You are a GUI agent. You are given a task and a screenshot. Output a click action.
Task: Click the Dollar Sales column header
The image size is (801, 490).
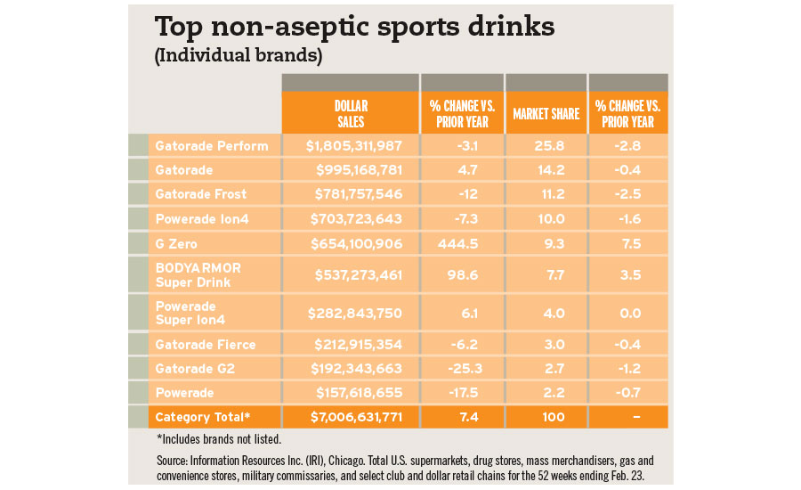350,114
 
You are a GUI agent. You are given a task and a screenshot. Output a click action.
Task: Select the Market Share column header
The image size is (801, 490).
546,114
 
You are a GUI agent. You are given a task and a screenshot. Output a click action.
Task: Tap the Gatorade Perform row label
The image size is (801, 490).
211,146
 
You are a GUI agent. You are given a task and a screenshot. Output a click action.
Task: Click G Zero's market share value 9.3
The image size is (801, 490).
545,242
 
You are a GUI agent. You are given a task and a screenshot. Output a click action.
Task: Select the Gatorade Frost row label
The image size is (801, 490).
200,194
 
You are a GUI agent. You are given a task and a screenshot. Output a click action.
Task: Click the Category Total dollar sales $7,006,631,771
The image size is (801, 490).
354,417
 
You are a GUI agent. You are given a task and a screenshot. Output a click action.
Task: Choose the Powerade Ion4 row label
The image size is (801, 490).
200,218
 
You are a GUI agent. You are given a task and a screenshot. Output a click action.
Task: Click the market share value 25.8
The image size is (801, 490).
545,146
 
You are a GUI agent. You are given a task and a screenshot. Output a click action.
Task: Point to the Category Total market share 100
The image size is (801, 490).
545,417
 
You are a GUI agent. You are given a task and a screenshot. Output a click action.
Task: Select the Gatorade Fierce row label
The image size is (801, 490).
205,344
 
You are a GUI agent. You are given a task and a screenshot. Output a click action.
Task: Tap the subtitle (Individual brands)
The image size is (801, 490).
238,56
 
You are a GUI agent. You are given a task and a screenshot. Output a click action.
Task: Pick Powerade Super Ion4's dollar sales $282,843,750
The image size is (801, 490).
355,312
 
